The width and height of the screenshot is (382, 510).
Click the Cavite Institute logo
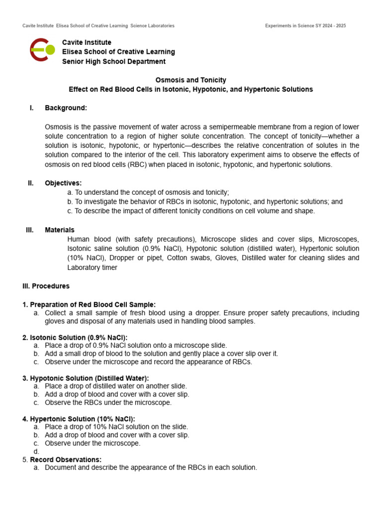[x=42, y=50]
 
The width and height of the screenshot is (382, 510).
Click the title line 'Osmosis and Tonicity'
[x=191, y=80]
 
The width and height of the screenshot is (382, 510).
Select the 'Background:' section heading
[x=66, y=108]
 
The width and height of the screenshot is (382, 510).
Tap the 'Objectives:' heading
[x=63, y=183]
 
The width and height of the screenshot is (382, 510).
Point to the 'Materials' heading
[x=60, y=230]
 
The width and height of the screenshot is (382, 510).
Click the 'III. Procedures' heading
[x=46, y=286]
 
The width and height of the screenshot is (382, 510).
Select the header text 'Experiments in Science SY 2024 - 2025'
[x=305, y=26]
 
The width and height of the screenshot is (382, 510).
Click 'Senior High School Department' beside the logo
[x=113, y=61]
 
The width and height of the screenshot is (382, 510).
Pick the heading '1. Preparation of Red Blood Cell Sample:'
[x=89, y=305]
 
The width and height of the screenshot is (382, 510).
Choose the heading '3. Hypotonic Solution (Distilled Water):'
[x=86, y=379]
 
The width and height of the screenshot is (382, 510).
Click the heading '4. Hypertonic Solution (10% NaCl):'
[x=79, y=419]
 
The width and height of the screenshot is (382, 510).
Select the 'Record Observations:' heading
[x=66, y=460]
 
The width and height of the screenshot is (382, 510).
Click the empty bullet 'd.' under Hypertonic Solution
[x=36, y=452]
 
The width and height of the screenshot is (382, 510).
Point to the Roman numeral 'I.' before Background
[x=31, y=108]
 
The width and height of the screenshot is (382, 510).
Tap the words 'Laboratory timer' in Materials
[x=92, y=267]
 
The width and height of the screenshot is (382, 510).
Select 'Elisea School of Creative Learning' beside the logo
[x=118, y=52]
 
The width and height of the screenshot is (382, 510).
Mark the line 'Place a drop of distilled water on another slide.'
[x=116, y=386]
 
